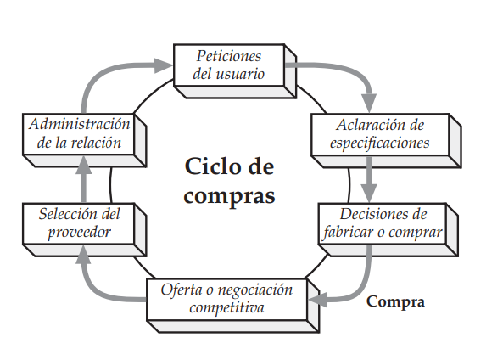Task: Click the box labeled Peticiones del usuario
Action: (228, 65)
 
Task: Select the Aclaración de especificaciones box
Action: (380, 133)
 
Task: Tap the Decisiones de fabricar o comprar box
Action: (383, 222)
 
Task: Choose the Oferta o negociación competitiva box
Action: (226, 298)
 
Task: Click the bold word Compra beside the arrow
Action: (394, 301)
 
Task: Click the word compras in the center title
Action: (229, 195)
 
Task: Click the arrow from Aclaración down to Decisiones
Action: (369, 178)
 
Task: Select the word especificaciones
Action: (380, 142)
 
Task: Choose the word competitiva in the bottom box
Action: (226, 307)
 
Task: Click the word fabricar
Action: (349, 231)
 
